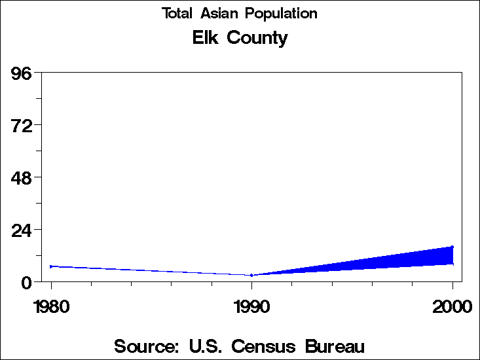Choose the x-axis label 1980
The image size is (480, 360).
pos(51,307)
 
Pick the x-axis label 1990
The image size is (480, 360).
pos(251,307)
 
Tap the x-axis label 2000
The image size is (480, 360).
pos(452,307)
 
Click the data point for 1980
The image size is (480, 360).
pos(51,266)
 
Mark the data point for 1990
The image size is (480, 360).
pos(251,275)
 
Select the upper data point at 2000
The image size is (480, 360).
pos(452,247)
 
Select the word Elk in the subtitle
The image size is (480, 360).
pos(206,38)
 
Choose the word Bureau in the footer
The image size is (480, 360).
pos(333,346)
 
